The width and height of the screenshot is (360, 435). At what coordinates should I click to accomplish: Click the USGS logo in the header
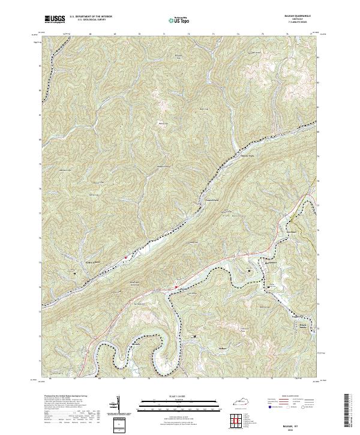coord(55,19)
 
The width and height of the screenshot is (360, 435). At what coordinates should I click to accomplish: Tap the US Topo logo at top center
coord(175,20)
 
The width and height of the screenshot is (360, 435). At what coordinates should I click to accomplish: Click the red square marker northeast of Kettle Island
coord(126,257)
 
